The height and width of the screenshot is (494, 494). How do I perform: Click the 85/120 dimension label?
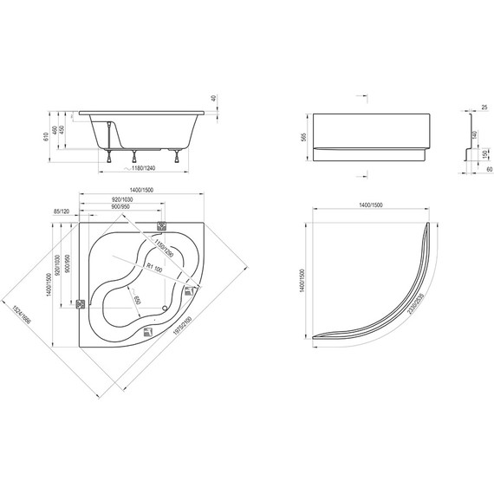pyautogui.click(x=63, y=211)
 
